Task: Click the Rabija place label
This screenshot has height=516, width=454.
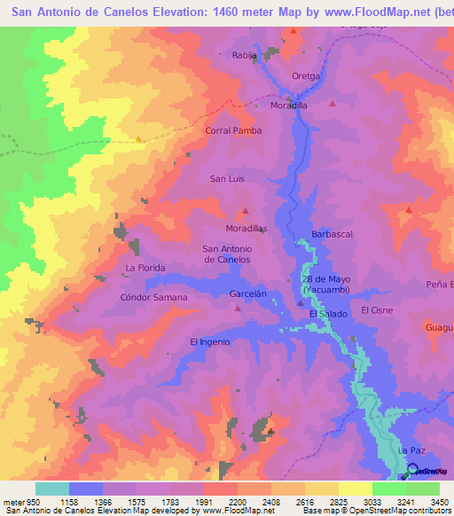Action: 244,55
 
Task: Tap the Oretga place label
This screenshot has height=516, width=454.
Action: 305,76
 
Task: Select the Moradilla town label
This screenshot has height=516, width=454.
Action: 288,105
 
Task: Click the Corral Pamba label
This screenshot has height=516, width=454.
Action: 233,130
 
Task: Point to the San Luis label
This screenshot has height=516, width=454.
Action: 226,179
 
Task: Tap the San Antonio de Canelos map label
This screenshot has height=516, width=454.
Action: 227,254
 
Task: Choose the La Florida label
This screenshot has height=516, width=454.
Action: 145,267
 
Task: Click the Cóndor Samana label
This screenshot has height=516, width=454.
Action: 153,297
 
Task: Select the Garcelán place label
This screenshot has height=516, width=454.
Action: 247,293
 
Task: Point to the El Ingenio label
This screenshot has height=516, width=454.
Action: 210,341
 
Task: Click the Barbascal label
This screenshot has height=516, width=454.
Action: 333,235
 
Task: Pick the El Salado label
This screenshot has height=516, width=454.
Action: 328,315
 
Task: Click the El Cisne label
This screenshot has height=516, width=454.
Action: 377,311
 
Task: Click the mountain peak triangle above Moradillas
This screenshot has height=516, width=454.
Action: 245,212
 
